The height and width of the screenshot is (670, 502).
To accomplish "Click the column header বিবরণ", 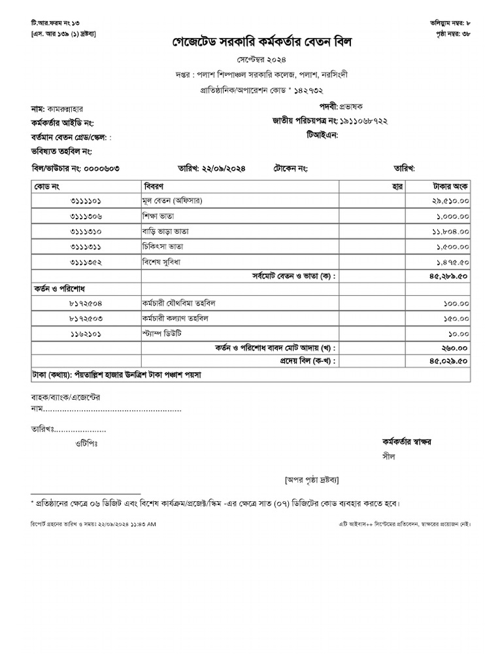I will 154,186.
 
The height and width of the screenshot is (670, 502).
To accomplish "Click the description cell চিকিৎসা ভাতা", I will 163,246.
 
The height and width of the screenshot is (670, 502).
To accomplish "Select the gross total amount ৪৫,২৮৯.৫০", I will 450,276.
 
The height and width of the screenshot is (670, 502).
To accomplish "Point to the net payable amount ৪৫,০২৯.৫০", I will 450,361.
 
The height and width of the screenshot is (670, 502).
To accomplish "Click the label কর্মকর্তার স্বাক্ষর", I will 407,442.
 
